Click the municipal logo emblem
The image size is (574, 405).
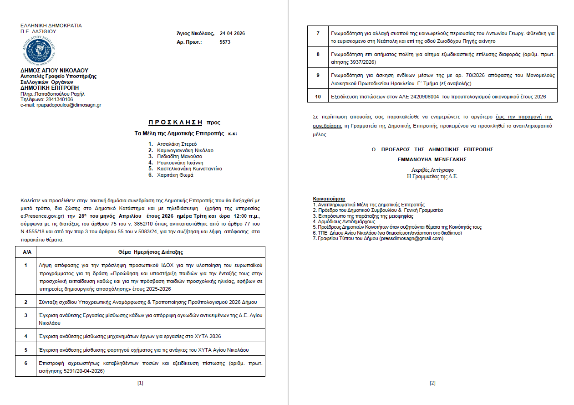click(38, 51)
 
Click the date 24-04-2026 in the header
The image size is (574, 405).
click(232, 34)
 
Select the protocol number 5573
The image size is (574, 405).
click(225, 42)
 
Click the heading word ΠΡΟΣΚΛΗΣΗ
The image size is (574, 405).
click(176, 122)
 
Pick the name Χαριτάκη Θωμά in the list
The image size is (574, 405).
click(175, 175)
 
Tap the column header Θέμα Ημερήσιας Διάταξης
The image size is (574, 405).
click(151, 252)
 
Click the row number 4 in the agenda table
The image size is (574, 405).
click(26, 336)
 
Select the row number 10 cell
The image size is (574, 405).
click(318, 96)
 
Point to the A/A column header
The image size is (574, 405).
click(26, 252)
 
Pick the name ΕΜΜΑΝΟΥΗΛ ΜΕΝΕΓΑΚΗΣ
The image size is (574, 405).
click(432, 159)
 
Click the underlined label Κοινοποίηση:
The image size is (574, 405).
click(329, 199)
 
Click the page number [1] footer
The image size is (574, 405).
click(140, 383)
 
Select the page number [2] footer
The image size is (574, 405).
click(432, 383)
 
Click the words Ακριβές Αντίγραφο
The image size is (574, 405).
click(432, 170)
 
